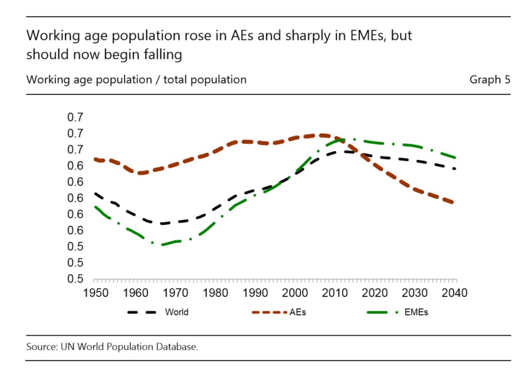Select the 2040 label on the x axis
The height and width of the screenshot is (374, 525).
point(455,293)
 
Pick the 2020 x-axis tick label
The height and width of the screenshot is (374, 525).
point(375,293)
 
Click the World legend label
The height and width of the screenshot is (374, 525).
point(176,312)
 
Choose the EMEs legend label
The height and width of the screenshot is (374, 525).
point(416,312)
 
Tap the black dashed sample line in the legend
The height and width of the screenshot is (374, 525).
point(142,312)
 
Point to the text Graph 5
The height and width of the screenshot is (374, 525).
point(490,79)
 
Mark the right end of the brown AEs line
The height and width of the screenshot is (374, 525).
point(454,203)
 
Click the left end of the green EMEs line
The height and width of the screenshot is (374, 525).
point(94,206)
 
